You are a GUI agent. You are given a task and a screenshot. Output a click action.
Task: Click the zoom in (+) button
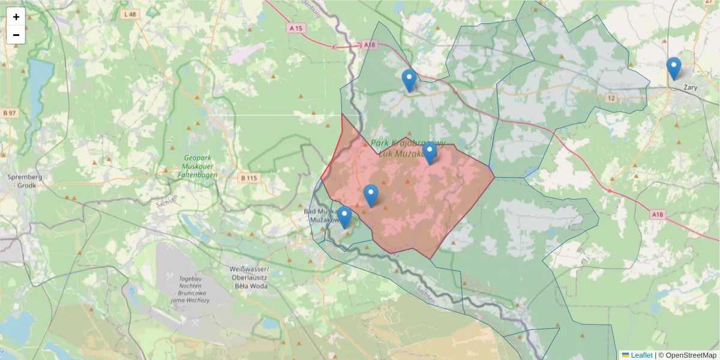tap(16, 17)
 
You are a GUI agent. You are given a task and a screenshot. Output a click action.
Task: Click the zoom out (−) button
tap(16, 35)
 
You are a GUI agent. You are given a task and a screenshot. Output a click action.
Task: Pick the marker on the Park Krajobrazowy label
tap(430, 154)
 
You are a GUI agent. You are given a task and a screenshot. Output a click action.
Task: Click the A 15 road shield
tap(295, 28)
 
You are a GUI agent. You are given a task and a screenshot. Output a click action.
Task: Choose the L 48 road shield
tap(129, 14)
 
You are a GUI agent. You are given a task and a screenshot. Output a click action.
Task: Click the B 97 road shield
tap(8, 112)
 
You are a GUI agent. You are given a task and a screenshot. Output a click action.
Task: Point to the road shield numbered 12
tap(611, 98)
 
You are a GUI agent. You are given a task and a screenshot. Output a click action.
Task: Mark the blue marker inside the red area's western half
tap(371, 196)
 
